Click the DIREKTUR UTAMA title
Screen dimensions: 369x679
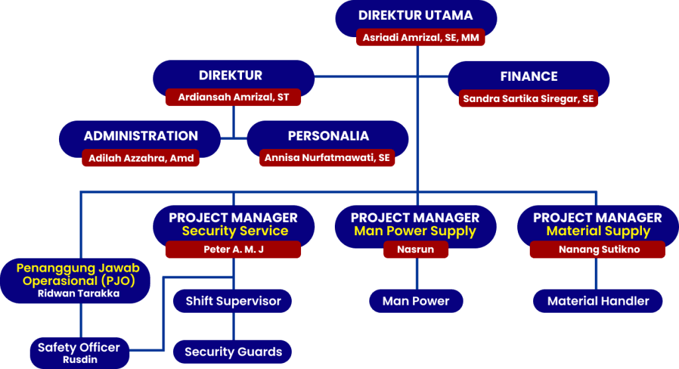coord(416,15)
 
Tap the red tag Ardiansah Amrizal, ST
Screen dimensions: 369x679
coord(233,97)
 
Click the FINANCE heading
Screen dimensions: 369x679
coord(528,76)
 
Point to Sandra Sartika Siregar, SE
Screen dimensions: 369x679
coord(528,99)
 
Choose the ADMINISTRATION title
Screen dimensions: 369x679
coord(141,136)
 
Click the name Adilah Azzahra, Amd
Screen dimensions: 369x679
coord(141,158)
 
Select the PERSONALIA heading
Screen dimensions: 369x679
coord(328,136)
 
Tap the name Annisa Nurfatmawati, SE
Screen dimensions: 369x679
coord(327,158)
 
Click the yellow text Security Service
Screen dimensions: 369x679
coord(235,231)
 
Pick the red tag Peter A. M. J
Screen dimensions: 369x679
coord(233,250)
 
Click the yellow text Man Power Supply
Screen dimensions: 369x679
coord(415,231)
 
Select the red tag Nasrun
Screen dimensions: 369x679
coord(416,250)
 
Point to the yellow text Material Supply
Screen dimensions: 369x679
coord(598,231)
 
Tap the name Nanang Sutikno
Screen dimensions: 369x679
coord(597,250)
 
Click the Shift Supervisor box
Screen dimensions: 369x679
coord(233,301)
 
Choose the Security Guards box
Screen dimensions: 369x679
coord(233,352)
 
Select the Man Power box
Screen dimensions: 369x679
coord(416,301)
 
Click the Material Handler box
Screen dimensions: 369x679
coord(598,301)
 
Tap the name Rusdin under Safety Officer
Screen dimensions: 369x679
coord(79,360)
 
